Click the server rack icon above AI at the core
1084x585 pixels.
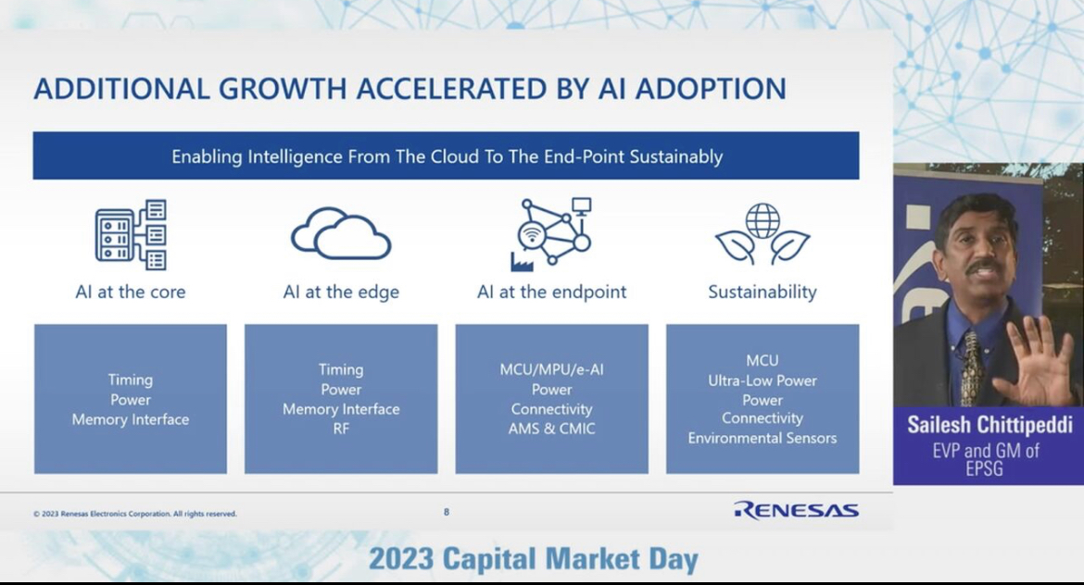pos(131,235)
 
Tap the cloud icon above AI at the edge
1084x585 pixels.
pos(341,233)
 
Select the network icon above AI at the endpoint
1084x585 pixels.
pos(551,233)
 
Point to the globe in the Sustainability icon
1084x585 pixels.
pos(763,220)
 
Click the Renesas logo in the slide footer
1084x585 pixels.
pos(797,510)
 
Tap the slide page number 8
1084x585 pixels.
pos(447,512)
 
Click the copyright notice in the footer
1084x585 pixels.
pos(135,514)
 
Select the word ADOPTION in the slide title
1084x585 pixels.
pos(711,89)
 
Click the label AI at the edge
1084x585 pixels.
pos(341,292)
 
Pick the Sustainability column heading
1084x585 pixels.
pos(763,292)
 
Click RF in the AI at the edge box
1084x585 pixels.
pos(341,429)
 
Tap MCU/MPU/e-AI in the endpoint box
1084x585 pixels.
pos(551,369)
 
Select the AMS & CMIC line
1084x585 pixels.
pos(551,429)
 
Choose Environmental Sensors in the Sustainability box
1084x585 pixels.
pos(763,438)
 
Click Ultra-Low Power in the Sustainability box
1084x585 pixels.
pos(763,380)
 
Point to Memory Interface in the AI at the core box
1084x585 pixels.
pos(131,419)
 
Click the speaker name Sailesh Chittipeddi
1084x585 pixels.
pos(990,425)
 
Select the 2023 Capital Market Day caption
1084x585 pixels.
pos(533,558)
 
